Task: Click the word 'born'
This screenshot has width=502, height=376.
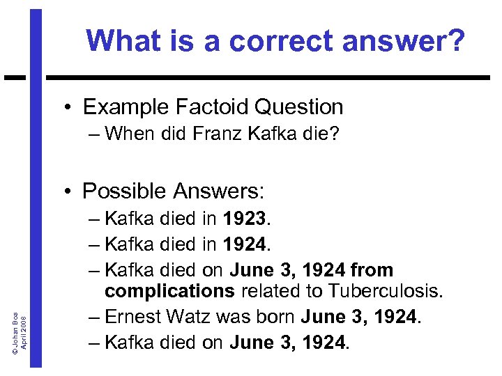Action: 273,316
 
